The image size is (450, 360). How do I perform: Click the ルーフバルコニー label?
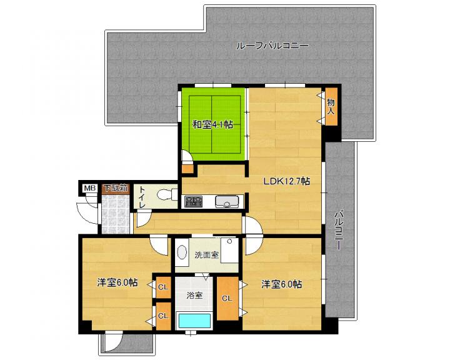tap(272, 46)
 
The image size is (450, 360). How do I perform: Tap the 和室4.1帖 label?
tap(212, 124)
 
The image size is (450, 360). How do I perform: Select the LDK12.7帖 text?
tap(286, 181)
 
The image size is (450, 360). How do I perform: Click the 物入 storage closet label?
tap(331, 106)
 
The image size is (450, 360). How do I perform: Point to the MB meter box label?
tap(89, 188)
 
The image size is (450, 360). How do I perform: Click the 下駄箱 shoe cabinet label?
tap(116, 188)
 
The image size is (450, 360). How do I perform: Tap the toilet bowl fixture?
tap(167, 194)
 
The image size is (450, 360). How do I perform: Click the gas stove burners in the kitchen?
tap(193, 201)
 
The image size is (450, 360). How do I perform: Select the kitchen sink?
tap(227, 201)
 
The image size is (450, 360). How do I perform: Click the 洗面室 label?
tap(207, 254)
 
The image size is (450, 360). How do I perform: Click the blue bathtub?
tap(195, 321)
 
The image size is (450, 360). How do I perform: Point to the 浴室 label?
tap(195, 295)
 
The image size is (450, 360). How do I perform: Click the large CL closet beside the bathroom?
tap(227, 299)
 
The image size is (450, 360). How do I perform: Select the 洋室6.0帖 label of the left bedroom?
tap(117, 282)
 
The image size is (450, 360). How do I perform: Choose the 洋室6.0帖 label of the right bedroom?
tap(281, 284)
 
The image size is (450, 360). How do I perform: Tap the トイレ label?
tap(142, 197)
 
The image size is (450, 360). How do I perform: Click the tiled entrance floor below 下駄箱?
tap(116, 214)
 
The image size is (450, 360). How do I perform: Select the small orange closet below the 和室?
tap(188, 169)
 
